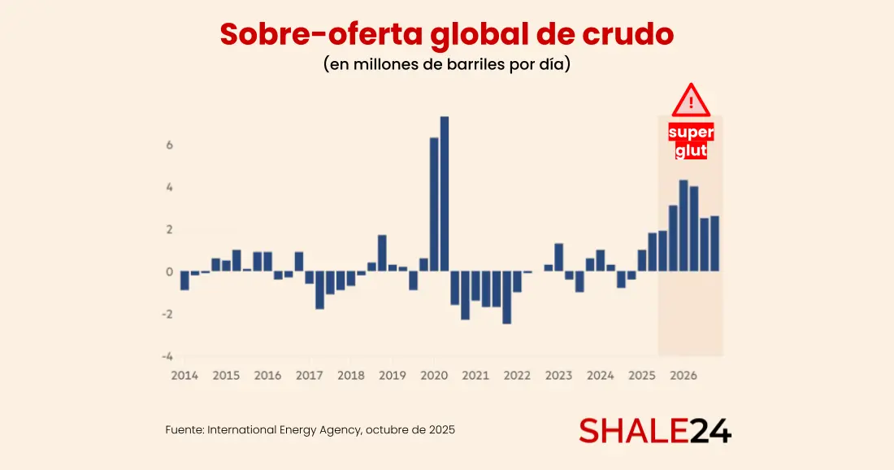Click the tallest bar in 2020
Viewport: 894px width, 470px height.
pos(445,194)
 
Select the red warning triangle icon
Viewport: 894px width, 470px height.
pos(691,100)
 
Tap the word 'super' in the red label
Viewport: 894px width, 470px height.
pos(691,133)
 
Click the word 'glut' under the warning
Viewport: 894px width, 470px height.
pos(691,150)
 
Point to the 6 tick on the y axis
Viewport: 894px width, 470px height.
pos(169,146)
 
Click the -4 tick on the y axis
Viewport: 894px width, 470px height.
pos(167,356)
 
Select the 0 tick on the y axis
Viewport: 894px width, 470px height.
pos(169,272)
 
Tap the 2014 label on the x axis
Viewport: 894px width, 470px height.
pos(184,376)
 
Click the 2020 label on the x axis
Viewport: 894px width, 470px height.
pos(434,376)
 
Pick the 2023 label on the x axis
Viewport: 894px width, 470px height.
pos(559,376)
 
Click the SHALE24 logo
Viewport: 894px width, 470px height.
pos(655,431)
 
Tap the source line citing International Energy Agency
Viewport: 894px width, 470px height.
pos(310,429)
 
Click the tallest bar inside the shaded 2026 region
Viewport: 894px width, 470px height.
pos(684,225)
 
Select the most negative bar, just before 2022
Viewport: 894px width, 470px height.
pos(507,297)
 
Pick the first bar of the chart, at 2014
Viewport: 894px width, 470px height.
pos(184,281)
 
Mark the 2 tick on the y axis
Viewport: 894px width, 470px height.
pos(169,230)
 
